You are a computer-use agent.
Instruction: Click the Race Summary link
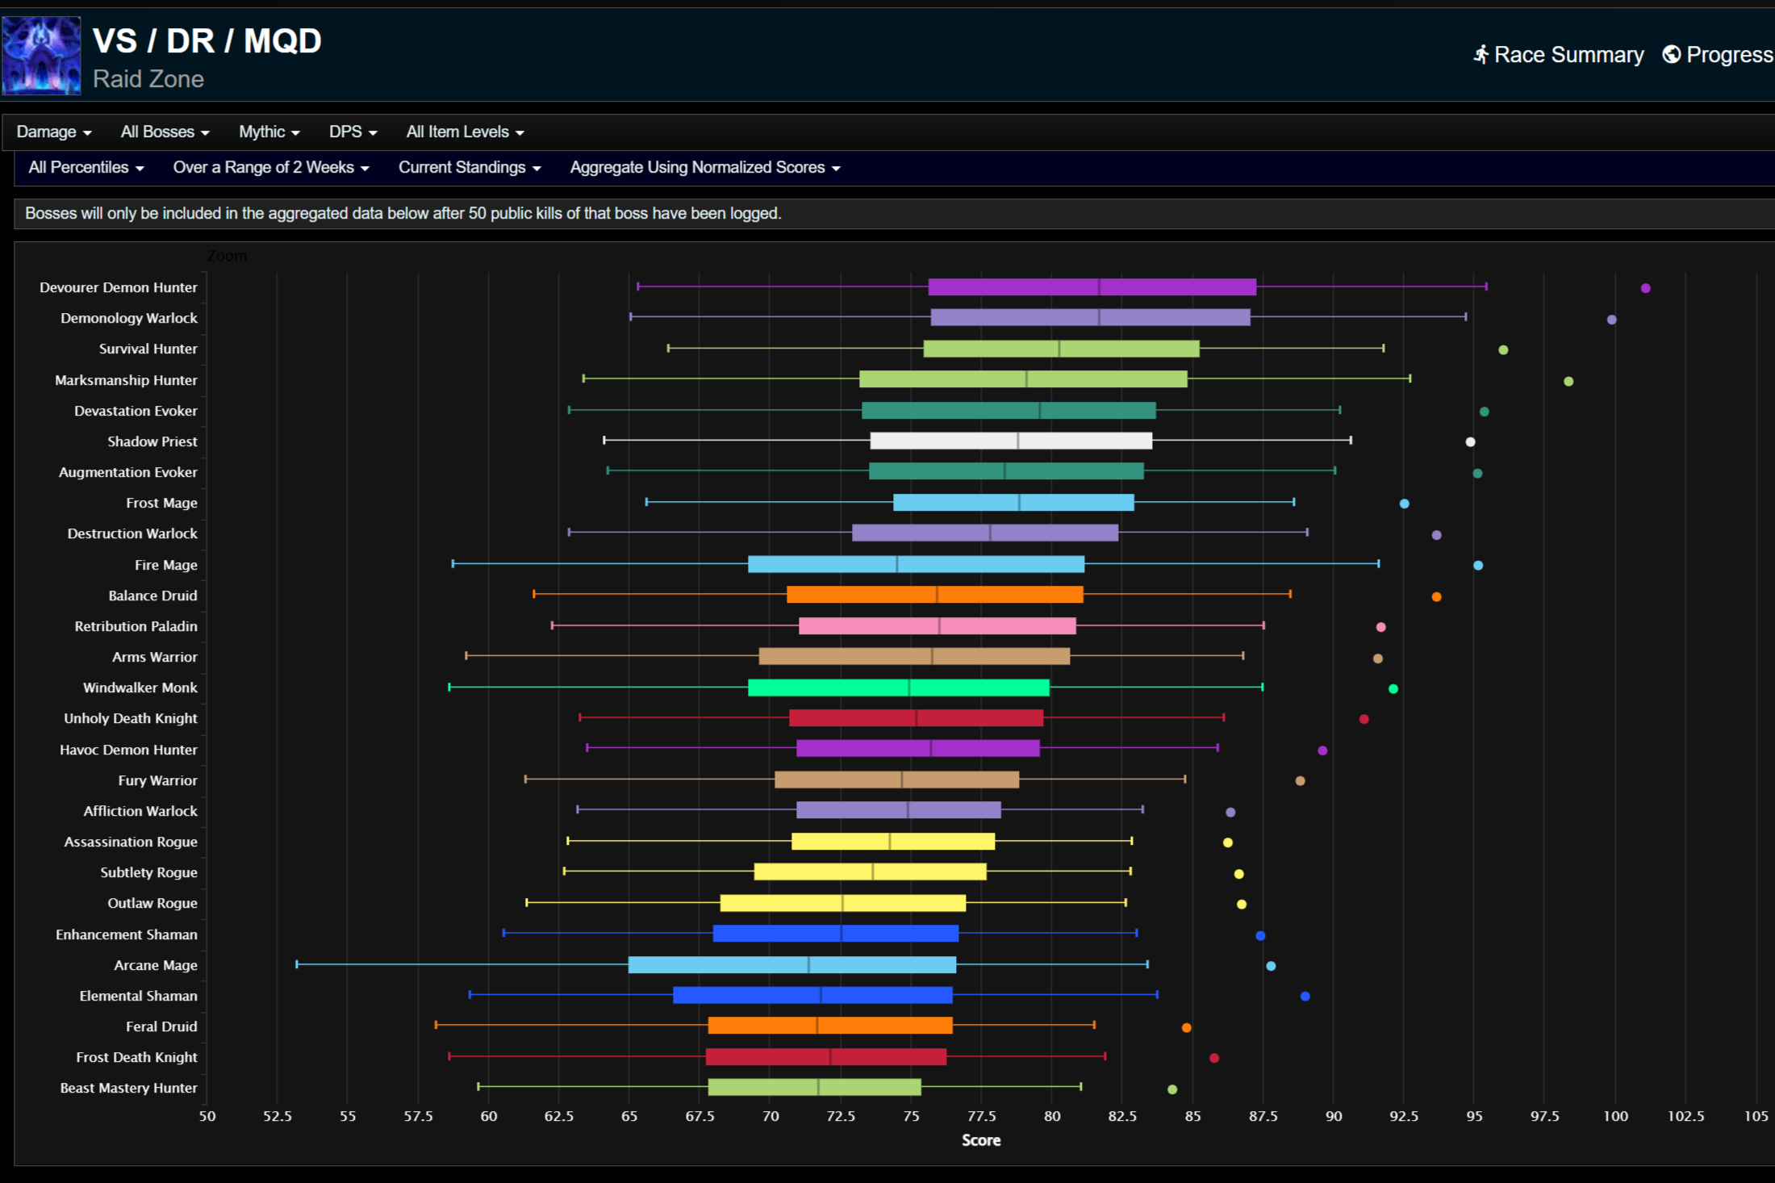tap(1559, 55)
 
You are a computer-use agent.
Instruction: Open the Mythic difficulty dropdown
tap(269, 132)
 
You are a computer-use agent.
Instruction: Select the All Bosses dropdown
tap(165, 132)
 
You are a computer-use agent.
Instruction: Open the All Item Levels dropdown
tap(465, 132)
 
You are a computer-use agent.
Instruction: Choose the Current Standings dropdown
tap(469, 167)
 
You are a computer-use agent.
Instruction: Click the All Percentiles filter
tap(86, 167)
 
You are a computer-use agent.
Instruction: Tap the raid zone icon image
tap(41, 56)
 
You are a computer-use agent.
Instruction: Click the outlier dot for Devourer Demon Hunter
tap(1645, 288)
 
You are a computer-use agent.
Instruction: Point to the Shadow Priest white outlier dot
tap(1470, 441)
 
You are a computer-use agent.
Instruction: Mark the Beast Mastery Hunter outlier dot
tap(1172, 1089)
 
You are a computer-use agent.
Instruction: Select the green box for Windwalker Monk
tap(898, 688)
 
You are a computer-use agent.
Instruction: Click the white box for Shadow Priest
tap(1011, 441)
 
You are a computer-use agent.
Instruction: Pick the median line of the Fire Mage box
tap(896, 564)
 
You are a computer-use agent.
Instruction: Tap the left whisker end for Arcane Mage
tap(297, 964)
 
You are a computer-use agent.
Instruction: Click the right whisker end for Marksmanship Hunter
tap(1410, 378)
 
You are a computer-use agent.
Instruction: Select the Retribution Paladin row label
tap(136, 626)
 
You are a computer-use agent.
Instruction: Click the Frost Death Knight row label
tap(136, 1057)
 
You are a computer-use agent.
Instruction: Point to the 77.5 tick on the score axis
tap(981, 1116)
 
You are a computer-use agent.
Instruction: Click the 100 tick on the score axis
tap(1614, 1116)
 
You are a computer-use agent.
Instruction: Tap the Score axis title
tap(981, 1140)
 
